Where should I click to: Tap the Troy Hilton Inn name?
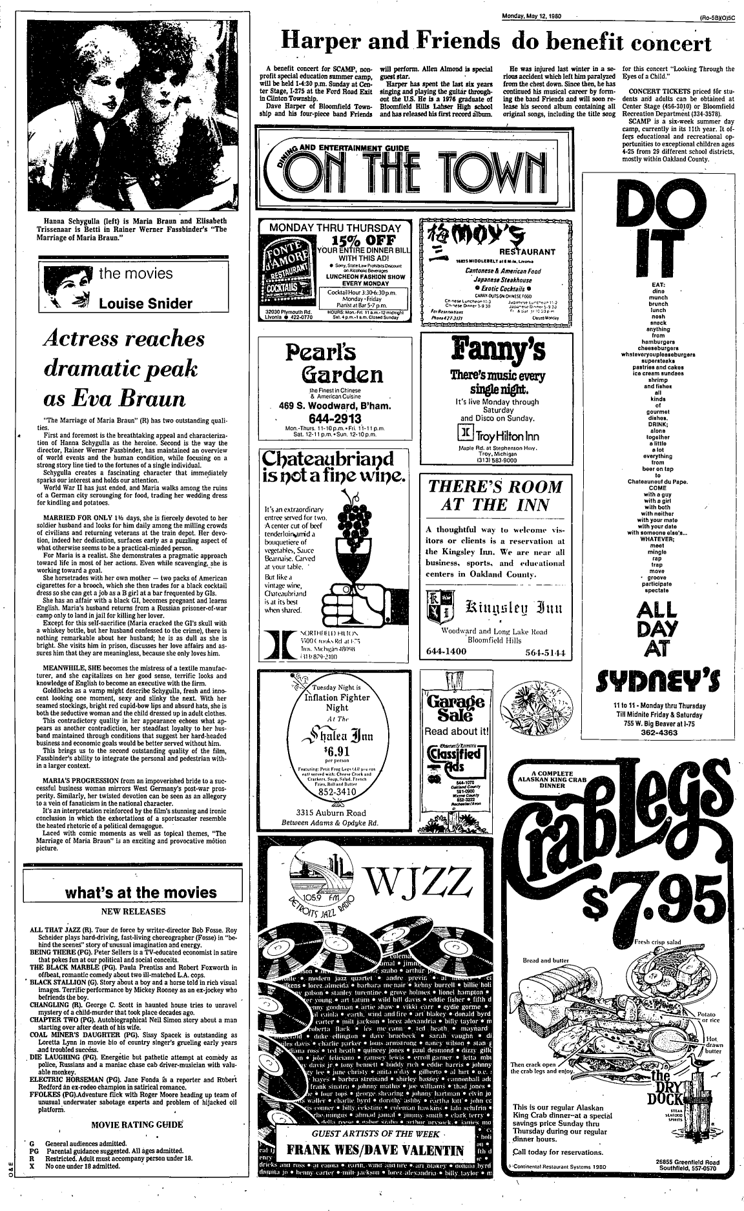click(x=509, y=435)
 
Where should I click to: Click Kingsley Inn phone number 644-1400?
click(x=447, y=652)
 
